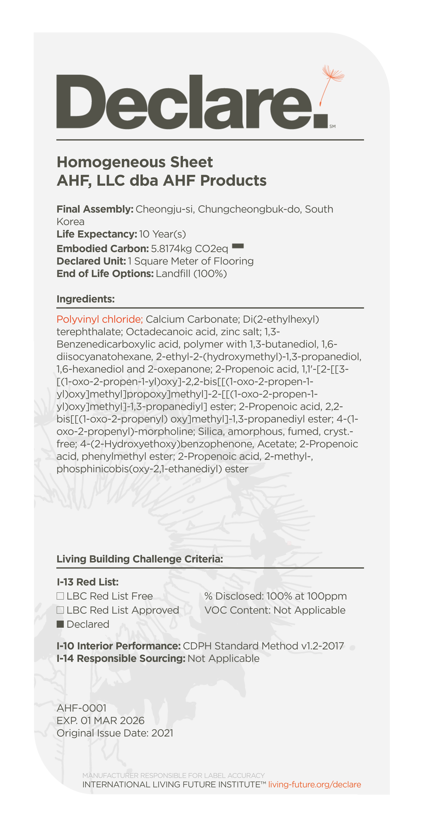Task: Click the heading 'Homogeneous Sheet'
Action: (135, 162)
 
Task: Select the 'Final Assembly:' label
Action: (95, 209)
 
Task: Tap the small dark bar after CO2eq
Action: (238, 246)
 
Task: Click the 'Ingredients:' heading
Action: (85, 299)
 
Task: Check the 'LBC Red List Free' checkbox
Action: (60, 596)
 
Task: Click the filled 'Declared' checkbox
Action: (60, 624)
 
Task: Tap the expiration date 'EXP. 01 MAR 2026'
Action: (101, 721)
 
